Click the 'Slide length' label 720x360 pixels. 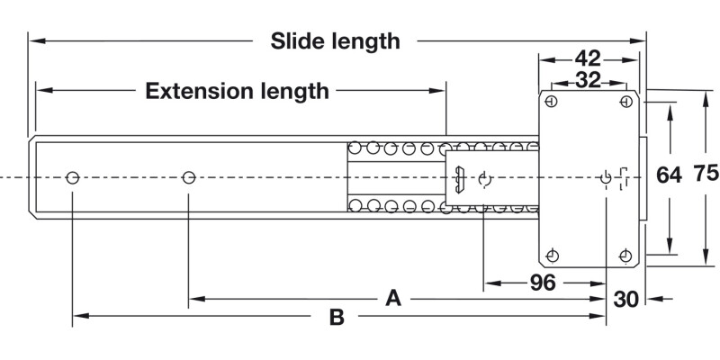click(x=336, y=40)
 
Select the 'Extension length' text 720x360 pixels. click(x=238, y=91)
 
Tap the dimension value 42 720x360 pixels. click(x=588, y=58)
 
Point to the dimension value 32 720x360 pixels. click(x=588, y=79)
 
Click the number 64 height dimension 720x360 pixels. click(x=669, y=175)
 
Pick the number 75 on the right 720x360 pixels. click(x=706, y=175)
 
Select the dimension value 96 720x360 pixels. click(x=542, y=283)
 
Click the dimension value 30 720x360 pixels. click(x=627, y=298)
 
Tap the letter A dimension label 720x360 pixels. click(x=392, y=297)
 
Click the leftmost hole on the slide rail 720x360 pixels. click(x=73, y=177)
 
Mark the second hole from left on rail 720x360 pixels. click(x=189, y=177)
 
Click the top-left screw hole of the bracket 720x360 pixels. click(x=552, y=102)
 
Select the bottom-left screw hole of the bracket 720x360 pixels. click(x=552, y=256)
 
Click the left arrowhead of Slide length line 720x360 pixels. click(x=34, y=40)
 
